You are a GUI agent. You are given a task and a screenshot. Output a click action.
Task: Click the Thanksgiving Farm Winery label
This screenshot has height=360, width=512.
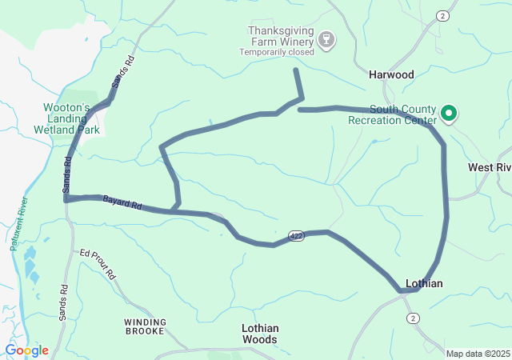[278, 36]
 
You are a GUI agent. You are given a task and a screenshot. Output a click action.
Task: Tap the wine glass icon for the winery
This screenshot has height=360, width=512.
[326, 39]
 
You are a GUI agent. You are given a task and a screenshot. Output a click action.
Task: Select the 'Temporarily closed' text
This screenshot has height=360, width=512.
[276, 53]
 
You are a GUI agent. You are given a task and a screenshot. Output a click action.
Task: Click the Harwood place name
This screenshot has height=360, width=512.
[391, 74]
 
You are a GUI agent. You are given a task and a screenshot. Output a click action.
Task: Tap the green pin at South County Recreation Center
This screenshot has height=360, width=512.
[449, 114]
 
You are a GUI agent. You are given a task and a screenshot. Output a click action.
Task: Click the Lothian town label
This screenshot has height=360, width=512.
[423, 283]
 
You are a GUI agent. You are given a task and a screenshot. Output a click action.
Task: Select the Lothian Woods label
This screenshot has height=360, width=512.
[260, 334]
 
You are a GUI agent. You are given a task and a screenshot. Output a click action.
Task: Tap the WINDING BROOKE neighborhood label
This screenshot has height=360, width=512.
[145, 326]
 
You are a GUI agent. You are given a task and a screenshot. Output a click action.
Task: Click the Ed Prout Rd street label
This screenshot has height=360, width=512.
[98, 264]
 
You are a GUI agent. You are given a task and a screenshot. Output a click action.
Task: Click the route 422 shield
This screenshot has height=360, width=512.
[297, 236]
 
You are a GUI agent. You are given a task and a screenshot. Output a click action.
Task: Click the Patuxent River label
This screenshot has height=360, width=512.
[18, 223]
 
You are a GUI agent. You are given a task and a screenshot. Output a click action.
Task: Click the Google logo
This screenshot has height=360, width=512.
[26, 350]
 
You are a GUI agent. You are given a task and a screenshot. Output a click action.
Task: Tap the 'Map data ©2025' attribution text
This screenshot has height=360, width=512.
[477, 354]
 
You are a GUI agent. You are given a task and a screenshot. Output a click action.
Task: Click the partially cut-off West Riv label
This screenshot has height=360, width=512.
[489, 167]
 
